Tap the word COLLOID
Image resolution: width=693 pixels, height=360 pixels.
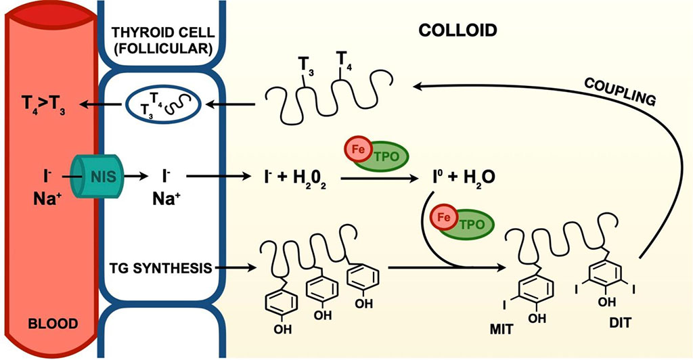point(457,30)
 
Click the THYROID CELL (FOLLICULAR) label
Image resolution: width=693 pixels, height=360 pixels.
point(162,40)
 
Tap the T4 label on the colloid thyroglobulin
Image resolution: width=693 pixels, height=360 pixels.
point(345,66)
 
